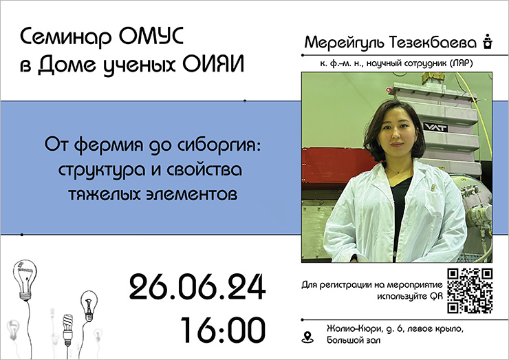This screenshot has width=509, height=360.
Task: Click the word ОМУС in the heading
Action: [x=151, y=36]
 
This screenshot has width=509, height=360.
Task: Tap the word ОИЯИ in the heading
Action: [x=213, y=64]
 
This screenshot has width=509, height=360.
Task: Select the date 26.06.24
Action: [x=197, y=286]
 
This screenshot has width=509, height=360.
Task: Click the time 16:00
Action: [x=223, y=330]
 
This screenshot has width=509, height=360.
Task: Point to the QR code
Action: [x=470, y=290]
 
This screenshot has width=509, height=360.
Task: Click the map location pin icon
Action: [x=307, y=337]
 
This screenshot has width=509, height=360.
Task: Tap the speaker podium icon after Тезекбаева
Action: [x=487, y=41]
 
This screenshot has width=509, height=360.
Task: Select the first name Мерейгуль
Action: [x=344, y=43]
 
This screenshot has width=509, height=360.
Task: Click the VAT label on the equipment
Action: [x=435, y=127]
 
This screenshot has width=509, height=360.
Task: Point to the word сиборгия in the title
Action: [x=219, y=145]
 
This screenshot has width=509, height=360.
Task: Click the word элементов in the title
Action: [x=192, y=194]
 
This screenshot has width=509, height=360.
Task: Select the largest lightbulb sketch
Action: [x=25, y=280]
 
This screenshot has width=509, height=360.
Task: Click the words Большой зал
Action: [x=353, y=340]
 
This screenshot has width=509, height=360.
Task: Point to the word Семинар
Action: [x=66, y=37]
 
